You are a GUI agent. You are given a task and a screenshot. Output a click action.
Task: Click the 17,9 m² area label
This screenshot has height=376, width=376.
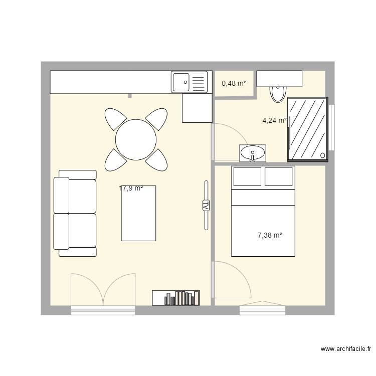pyautogui.click(x=131, y=189)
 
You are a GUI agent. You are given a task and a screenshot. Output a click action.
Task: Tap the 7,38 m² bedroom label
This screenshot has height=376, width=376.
pyautogui.click(x=270, y=234)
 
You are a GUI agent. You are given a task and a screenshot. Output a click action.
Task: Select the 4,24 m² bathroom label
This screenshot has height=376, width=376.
pyautogui.click(x=275, y=120)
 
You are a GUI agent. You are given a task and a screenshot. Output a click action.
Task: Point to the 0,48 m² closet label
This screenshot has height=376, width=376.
pyautogui.click(x=234, y=83)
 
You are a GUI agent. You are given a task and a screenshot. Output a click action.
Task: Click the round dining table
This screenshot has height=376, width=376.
pyautogui.click(x=136, y=139)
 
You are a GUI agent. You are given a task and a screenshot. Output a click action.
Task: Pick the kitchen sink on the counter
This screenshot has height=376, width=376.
pyautogui.click(x=189, y=82)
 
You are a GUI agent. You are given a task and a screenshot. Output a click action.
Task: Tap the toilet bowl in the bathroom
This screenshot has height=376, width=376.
pyautogui.click(x=277, y=93)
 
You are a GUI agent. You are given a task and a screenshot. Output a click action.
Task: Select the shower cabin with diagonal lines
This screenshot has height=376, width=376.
pyautogui.click(x=307, y=129)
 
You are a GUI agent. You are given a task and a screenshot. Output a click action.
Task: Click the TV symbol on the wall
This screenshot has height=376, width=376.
pyautogui.click(x=205, y=206)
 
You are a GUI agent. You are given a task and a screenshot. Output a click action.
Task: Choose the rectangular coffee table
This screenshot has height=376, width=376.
pyautogui.click(x=138, y=213)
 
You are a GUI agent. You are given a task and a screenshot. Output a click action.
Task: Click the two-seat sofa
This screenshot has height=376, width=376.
pyautogui.click(x=76, y=213)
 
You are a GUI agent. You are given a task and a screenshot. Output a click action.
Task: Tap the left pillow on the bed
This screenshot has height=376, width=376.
pyautogui.click(x=248, y=176)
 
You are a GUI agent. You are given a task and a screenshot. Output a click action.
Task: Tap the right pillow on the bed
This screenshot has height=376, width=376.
pyautogui.click(x=278, y=176)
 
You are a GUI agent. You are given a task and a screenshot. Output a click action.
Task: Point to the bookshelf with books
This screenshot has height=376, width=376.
pyautogui.click(x=175, y=298)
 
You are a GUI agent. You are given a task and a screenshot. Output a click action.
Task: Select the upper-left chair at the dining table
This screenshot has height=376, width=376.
pyautogui.click(x=115, y=119)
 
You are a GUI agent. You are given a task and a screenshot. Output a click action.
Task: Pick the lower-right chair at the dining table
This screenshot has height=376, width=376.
pyautogui.click(x=157, y=160)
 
